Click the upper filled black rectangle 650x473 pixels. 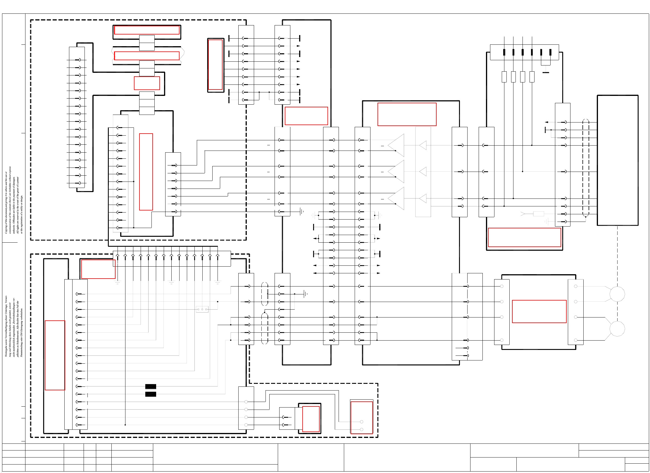pos(151,386)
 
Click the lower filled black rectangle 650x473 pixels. pos(151,394)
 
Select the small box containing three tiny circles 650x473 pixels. pos(202,309)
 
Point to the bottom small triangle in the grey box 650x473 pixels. pos(423,198)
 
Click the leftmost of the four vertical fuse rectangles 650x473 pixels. pos(504,77)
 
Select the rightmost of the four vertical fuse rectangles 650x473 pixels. pos(532,77)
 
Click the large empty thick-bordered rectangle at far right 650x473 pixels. pos(617,160)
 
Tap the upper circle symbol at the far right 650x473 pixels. pos(617,294)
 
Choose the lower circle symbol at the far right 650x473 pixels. pos(617,329)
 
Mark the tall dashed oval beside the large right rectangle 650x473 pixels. pos(586,168)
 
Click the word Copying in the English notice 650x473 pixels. pos(6,228)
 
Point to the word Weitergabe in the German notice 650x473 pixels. pos(6,350)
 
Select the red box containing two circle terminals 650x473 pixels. pos(361,417)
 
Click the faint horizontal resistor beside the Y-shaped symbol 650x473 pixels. pos(538,214)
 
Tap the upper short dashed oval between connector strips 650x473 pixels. pos(265,294)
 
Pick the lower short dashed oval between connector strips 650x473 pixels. pos(265,328)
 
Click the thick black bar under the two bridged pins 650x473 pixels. pos(546,72)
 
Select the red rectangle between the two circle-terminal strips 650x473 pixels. pos(539,311)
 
